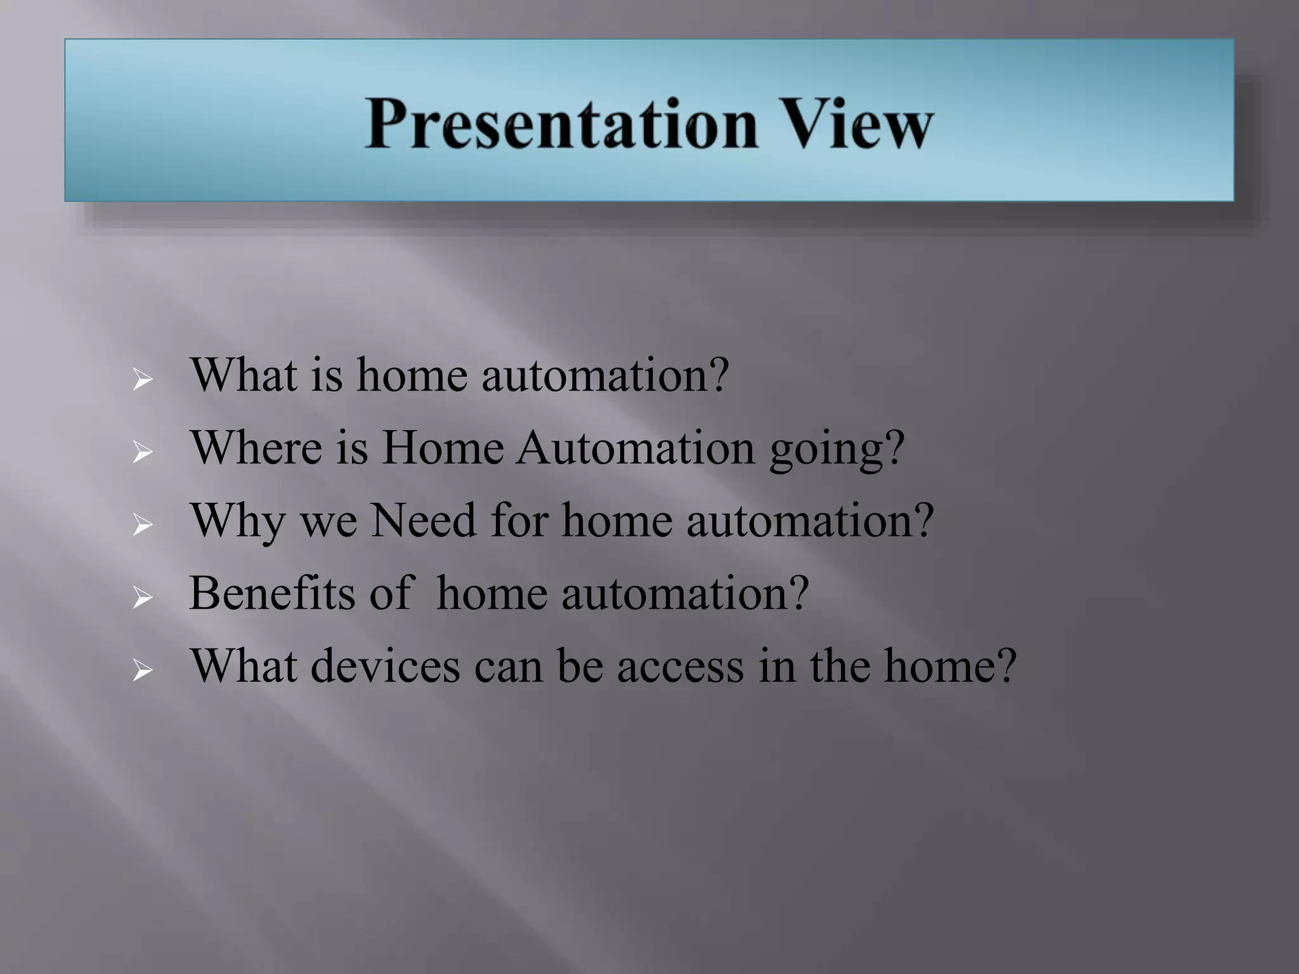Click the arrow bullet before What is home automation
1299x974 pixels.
[143, 380]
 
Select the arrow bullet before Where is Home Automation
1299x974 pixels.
[143, 453]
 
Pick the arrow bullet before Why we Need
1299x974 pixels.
[143, 526]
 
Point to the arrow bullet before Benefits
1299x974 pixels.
[143, 598]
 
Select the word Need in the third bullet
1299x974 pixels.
[423, 521]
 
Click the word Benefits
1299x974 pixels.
[271, 594]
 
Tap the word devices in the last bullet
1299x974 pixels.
[385, 666]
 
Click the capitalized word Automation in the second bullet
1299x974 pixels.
[636, 448]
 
